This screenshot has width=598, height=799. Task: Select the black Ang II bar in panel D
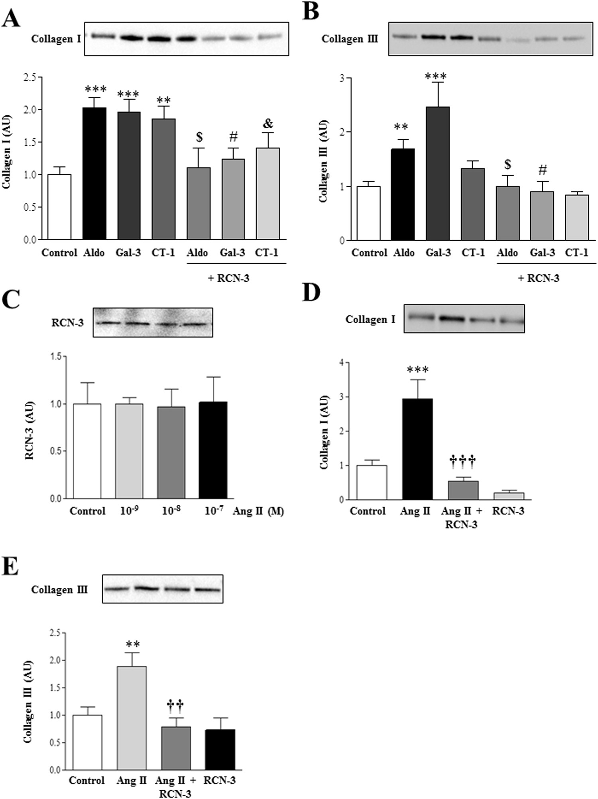click(417, 449)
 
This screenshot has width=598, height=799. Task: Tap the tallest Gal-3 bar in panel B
click(438, 173)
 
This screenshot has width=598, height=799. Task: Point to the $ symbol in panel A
click(199, 137)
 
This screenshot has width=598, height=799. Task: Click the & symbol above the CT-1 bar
click(268, 124)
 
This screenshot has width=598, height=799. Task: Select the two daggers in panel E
click(175, 706)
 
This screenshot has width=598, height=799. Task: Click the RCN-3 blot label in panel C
click(67, 322)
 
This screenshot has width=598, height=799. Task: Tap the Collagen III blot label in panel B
click(350, 39)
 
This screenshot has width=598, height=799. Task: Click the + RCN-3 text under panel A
click(228, 278)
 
